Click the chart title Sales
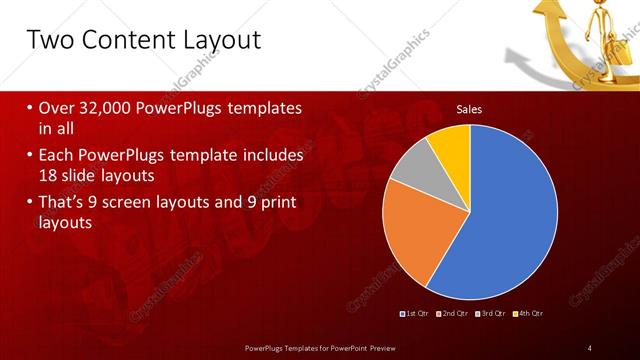[x=469, y=108]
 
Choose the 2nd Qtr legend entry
[x=454, y=314]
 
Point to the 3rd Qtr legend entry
[x=491, y=314]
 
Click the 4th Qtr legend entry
[x=529, y=314]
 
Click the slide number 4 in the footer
[x=590, y=348]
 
